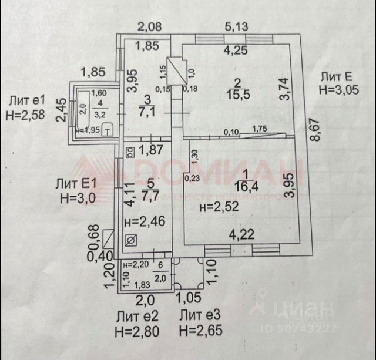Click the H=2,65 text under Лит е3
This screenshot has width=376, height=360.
point(201,331)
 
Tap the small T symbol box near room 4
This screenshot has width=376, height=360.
point(108,129)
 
